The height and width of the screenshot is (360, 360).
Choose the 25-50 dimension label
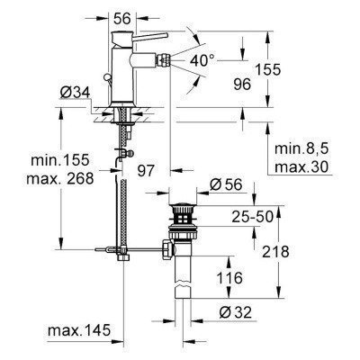(x=253, y=218)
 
